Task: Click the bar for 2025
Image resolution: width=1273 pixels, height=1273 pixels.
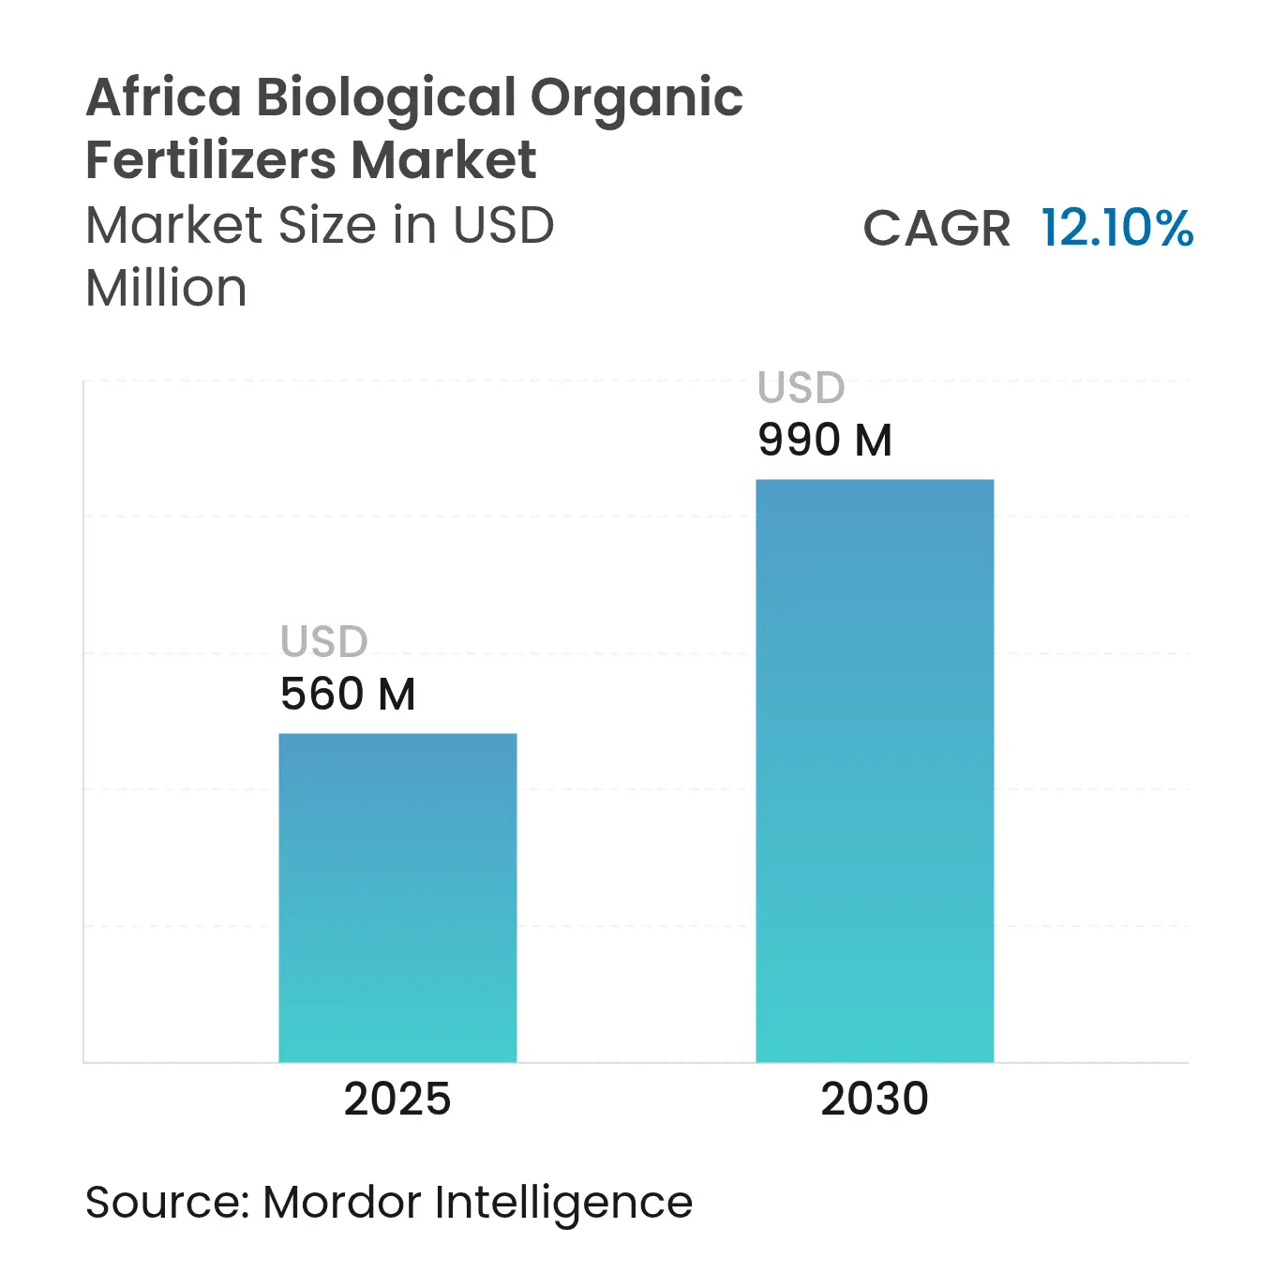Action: [397, 897]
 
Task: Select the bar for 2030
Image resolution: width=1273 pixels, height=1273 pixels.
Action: [875, 771]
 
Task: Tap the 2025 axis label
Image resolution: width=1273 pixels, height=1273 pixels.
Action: [397, 1099]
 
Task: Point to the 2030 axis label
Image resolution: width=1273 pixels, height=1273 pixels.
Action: [875, 1099]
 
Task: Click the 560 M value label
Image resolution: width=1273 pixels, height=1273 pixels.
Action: [348, 695]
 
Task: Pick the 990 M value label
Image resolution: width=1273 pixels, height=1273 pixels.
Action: [825, 441]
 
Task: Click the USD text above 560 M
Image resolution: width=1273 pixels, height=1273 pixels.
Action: [324, 642]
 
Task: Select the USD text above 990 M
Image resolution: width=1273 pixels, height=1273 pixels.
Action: [801, 388]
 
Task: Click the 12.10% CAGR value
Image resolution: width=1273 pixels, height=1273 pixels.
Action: [1117, 228]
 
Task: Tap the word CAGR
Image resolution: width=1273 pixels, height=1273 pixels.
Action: [936, 229]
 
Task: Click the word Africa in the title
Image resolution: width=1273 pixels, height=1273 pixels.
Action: [164, 97]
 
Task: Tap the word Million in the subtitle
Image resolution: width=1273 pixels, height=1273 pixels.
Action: [166, 288]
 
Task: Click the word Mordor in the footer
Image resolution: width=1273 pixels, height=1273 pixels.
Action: [342, 1203]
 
